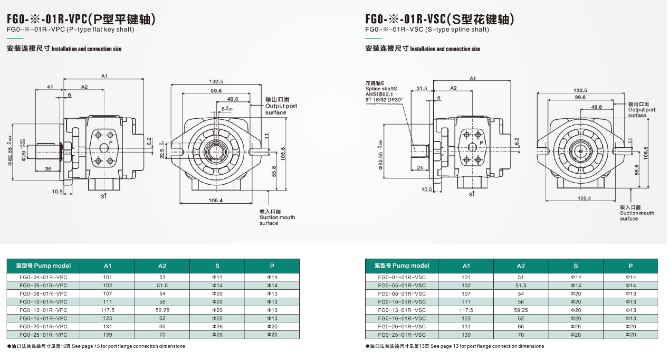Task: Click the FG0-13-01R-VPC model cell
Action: (43, 310)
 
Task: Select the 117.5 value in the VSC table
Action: (466, 310)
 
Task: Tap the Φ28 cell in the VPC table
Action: (217, 335)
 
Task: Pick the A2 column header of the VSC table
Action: (521, 266)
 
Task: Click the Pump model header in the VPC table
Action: (43, 266)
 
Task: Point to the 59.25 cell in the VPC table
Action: (162, 310)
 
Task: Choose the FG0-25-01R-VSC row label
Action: (402, 335)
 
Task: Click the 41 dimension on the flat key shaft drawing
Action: (50, 86)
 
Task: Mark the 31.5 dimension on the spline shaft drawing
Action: (422, 88)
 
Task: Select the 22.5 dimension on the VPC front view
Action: (162, 153)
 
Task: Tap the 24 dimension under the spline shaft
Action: (420, 168)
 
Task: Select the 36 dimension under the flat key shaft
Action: (48, 169)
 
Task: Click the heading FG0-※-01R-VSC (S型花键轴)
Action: (439, 20)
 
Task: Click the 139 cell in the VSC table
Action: (466, 335)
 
